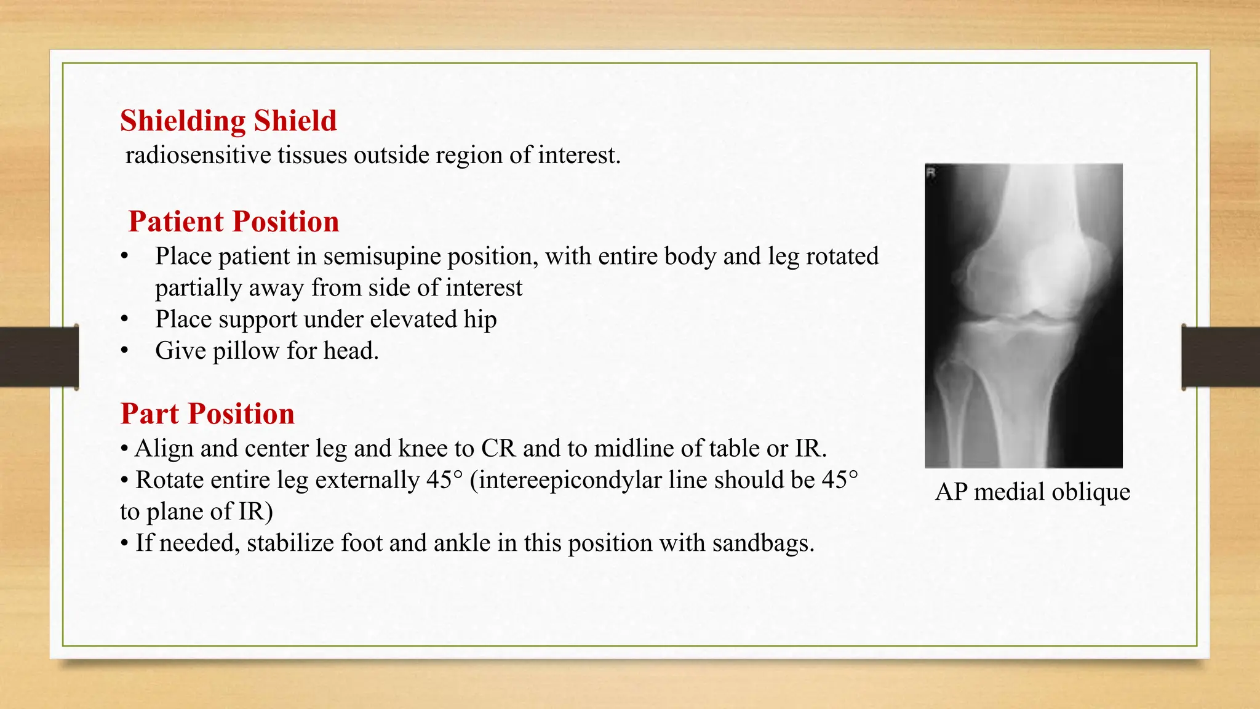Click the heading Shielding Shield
coord(228,121)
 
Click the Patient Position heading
coord(233,222)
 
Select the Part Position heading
coord(207,414)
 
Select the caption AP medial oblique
coord(1032,492)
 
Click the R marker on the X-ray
coord(931,173)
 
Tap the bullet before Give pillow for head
coord(125,351)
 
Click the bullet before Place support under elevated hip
coord(125,319)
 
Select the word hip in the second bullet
coord(480,319)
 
